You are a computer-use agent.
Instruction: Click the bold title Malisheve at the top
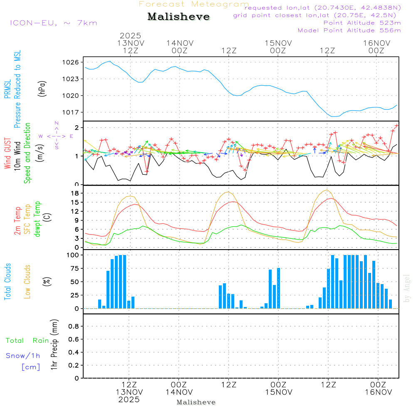point(179,17)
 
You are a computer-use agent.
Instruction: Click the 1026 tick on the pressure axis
point(71,62)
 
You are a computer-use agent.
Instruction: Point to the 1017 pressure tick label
point(71,112)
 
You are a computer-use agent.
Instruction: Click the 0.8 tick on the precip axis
point(73,327)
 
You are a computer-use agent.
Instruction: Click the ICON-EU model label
point(53,23)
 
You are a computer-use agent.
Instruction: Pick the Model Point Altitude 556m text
point(349,30)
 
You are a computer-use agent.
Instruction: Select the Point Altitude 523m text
point(362,23)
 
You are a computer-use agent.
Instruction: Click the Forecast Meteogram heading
point(194,4)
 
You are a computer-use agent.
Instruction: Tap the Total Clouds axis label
point(7,282)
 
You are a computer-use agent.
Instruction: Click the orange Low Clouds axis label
point(28,282)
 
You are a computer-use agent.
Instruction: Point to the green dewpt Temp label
point(37,219)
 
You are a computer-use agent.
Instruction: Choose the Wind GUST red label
point(7,154)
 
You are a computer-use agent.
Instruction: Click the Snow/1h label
point(23,356)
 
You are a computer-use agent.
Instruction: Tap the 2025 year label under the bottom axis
point(129,399)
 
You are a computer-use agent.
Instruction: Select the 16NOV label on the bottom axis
point(377,392)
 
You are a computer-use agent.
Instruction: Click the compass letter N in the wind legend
point(57,123)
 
